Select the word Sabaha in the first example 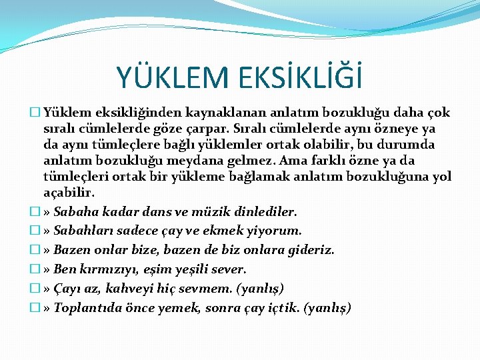click(75, 211)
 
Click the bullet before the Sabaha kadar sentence click(39, 211)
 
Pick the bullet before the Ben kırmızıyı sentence click(39, 269)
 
